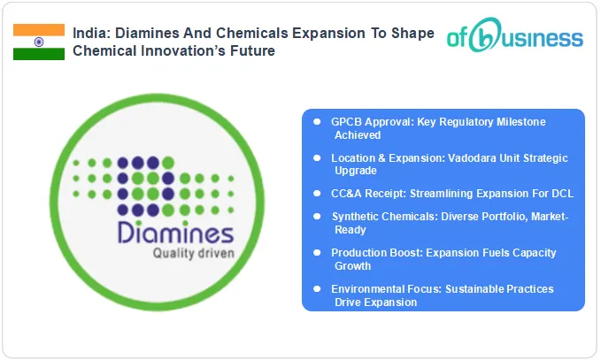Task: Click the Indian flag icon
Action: pyautogui.click(x=38, y=42)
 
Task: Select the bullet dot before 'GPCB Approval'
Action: pyautogui.click(x=317, y=121)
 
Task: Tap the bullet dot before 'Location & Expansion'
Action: pyautogui.click(x=317, y=157)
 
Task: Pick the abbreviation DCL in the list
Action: pyautogui.click(x=546, y=192)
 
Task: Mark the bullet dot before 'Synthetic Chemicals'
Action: pyautogui.click(x=317, y=216)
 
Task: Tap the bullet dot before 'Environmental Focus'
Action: pyautogui.click(x=317, y=289)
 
